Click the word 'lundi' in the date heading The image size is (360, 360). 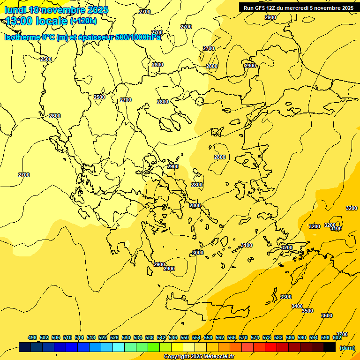coord(15,10)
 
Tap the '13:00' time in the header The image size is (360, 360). coord(18,21)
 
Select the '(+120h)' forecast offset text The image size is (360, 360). coord(83,21)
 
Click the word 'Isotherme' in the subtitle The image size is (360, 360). coord(22,37)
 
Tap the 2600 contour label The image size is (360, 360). coord(55,116)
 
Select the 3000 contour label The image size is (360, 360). coord(198,253)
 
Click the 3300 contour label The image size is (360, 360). coord(285,297)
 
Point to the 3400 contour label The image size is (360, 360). coord(297,306)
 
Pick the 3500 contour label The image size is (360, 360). coord(307,311)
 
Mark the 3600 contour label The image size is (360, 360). coord(327,315)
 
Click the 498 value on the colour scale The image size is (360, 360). coord(32,337)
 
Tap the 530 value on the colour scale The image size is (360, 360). coord(126,337)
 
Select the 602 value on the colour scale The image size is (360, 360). coord(337,337)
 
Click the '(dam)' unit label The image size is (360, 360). coord(347,347)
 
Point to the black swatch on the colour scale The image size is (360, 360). coord(330,347)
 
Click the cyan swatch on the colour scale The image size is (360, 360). coord(119,347)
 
